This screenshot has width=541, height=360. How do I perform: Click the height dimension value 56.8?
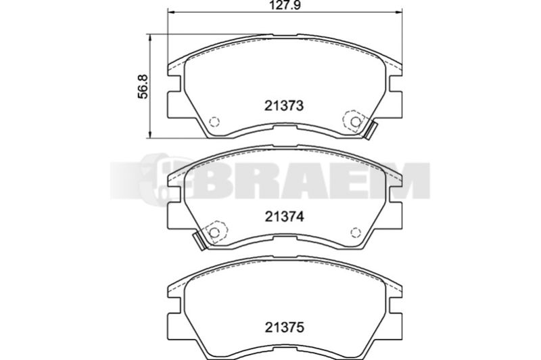[143, 87]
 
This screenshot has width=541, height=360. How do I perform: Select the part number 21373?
[284, 106]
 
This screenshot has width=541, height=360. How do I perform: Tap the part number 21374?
[284, 217]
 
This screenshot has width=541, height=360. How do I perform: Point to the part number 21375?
[284, 328]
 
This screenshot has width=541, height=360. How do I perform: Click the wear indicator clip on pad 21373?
[370, 131]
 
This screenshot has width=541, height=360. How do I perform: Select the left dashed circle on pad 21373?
[214, 122]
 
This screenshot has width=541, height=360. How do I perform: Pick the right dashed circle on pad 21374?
[356, 232]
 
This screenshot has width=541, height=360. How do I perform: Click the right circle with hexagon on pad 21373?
[354, 121]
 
